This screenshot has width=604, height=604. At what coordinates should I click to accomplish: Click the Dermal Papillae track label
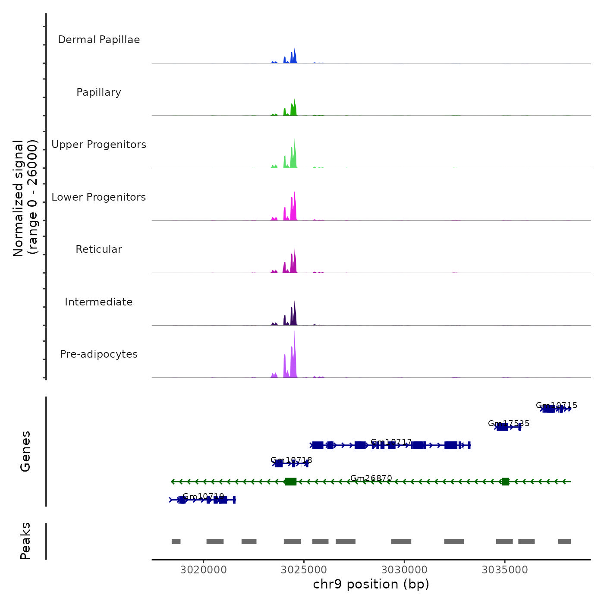click(99, 40)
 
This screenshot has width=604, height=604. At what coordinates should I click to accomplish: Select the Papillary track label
click(99, 92)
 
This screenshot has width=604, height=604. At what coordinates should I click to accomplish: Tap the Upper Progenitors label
click(99, 145)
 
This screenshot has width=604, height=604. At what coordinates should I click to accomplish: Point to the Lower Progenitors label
click(99, 197)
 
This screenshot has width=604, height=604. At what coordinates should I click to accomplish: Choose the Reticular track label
click(99, 249)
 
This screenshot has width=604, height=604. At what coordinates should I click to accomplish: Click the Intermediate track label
click(99, 302)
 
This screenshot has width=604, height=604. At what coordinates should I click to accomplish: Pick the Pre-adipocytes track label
click(99, 354)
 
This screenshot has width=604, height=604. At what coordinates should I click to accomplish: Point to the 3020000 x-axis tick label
click(204, 570)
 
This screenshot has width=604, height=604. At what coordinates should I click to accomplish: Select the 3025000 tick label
click(304, 570)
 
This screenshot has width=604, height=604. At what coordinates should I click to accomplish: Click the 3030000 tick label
click(405, 570)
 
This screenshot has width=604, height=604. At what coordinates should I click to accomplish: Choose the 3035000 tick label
click(505, 570)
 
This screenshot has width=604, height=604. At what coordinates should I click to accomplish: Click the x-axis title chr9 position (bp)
click(371, 584)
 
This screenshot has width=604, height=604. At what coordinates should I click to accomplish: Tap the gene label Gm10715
click(557, 405)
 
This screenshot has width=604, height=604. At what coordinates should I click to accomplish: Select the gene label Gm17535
click(509, 423)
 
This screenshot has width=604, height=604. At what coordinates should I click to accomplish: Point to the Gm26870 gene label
click(371, 478)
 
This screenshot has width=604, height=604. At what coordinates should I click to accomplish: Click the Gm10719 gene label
click(203, 496)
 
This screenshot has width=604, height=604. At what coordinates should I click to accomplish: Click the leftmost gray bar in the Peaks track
click(176, 541)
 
